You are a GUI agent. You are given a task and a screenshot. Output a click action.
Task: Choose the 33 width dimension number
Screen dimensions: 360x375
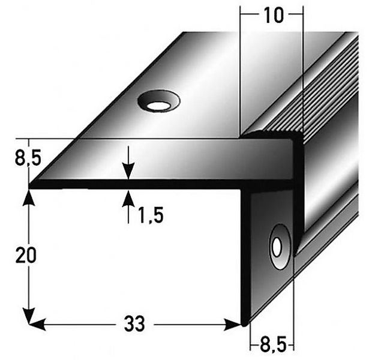[x=135, y=325]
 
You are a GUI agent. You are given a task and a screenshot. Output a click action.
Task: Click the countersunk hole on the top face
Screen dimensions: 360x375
[x=158, y=103]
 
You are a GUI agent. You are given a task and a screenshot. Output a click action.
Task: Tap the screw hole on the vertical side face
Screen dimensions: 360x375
[x=278, y=246]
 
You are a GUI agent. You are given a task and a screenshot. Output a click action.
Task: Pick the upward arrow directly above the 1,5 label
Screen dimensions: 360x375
[x=128, y=197]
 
